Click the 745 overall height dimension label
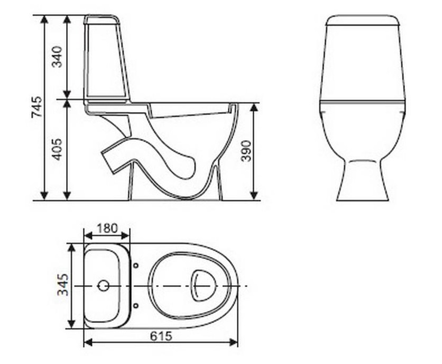(36, 107)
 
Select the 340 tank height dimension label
(57, 57)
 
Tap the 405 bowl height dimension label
(58, 149)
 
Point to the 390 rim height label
(246, 151)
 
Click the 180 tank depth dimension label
(107, 228)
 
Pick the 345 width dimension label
(63, 285)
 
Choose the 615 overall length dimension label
(161, 336)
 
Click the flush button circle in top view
(104, 286)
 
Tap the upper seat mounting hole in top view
(136, 265)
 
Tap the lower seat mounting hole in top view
(136, 306)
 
